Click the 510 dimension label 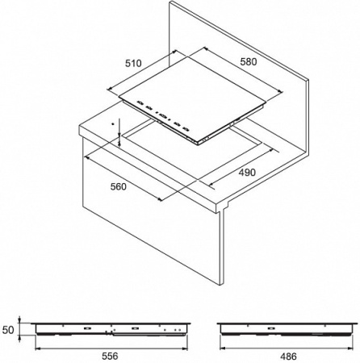pyautogui.click(x=133, y=64)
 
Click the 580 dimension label pyautogui.click(x=249, y=62)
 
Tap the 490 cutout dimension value pyautogui.click(x=247, y=173)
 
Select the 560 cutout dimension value pyautogui.click(x=118, y=186)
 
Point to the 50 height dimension pyautogui.click(x=8, y=330)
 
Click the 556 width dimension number pyautogui.click(x=110, y=356)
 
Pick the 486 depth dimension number pyautogui.click(x=288, y=357)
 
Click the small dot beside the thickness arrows pyautogui.click(x=113, y=124)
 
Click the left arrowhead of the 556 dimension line pyautogui.click(x=38, y=348)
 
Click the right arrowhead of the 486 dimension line pyautogui.click(x=350, y=348)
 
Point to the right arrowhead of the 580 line pyautogui.click(x=280, y=92)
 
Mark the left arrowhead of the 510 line pyautogui.click(x=110, y=89)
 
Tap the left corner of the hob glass pyautogui.click(x=119, y=97)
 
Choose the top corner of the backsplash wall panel pyautogui.click(x=170, y=2)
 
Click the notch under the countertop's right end pyautogui.click(x=225, y=208)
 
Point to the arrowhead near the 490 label pyautogui.click(x=211, y=185)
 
